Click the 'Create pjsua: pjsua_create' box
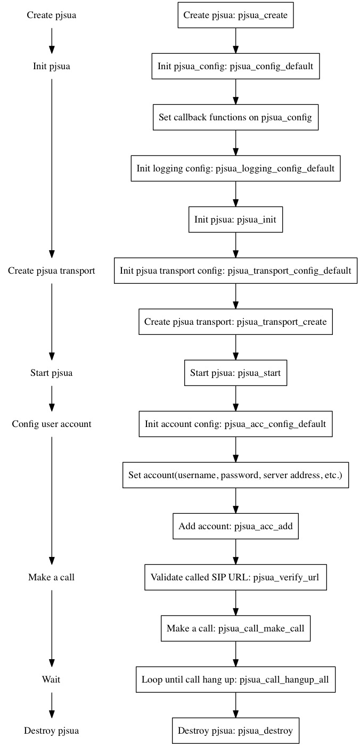pos(235,15)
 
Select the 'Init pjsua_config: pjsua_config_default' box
pos(235,66)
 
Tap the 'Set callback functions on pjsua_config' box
pos(235,117)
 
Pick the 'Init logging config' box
pos(235,168)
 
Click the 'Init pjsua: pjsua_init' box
pos(235,219)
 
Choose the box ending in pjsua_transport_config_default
pos(235,271)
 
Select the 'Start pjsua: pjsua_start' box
pos(235,373)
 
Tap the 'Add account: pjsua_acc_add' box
pos(235,526)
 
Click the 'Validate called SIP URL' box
pos(235,577)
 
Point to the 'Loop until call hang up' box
pos(235,679)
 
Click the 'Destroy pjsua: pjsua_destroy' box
pos(235,730)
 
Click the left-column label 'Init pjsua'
pos(51,66)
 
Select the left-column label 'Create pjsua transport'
pos(51,271)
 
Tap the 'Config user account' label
pos(51,424)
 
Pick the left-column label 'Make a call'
pos(51,577)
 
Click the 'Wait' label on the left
pos(51,679)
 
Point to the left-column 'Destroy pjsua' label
pos(51,730)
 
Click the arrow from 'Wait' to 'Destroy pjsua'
pos(52,705)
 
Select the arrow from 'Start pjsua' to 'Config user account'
pos(52,398)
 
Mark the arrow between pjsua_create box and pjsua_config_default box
pos(235,40)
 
